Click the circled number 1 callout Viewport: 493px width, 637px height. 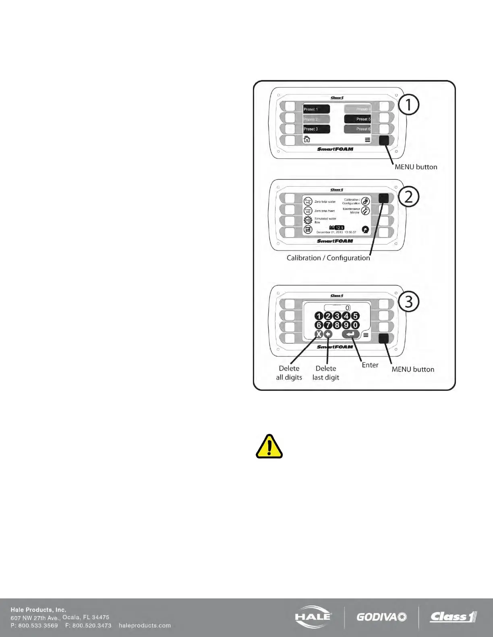tap(409, 105)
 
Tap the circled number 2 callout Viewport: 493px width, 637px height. tap(409, 197)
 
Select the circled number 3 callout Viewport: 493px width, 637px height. tap(409, 302)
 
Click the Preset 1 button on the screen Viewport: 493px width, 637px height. tap(316, 109)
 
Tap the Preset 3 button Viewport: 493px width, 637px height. tap(316, 129)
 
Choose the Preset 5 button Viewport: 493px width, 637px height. tap(357, 119)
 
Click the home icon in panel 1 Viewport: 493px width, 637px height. tap(307, 139)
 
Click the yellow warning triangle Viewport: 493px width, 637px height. tap(269, 447)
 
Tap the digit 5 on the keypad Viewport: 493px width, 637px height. tap(355, 316)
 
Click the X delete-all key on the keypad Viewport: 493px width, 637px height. tap(319, 335)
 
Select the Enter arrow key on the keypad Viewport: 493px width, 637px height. tap(350, 334)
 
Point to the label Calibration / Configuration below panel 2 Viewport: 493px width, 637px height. tap(328, 258)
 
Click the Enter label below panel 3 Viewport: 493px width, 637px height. tap(370, 365)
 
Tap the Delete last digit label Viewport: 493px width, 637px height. tap(326, 373)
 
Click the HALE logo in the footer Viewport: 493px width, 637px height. tap(313, 616)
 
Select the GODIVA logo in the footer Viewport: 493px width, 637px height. tap(381, 617)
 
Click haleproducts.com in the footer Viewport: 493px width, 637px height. tap(145, 625)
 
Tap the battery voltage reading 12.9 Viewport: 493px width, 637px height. tap(339, 228)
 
